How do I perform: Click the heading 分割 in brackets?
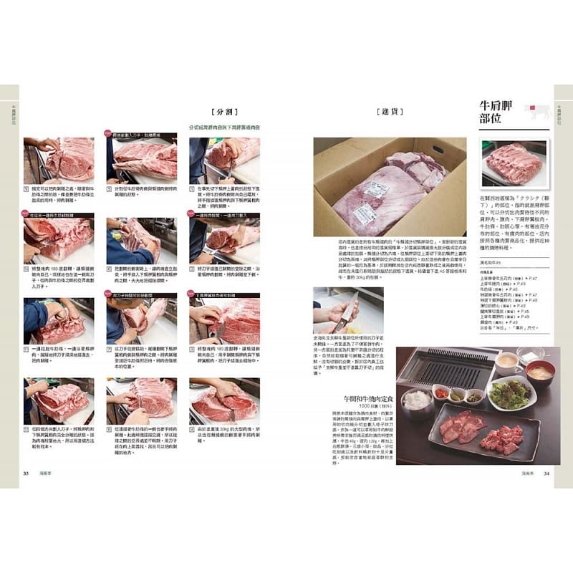pos(222,112)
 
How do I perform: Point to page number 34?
pos(546,472)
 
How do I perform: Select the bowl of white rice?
pos(416,399)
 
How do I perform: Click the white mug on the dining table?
pos(507,362)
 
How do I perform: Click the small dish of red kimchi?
pos(441,393)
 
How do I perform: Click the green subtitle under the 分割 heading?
pos(223,127)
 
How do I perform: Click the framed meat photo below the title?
pos(512,163)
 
